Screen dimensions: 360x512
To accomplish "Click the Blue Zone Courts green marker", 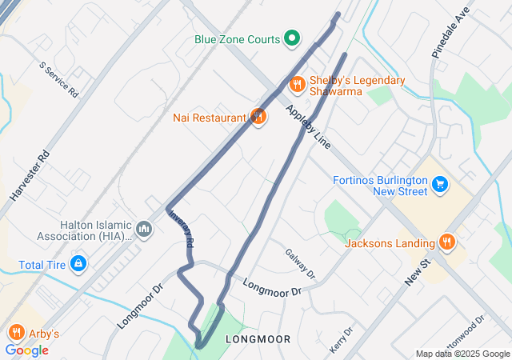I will tap(293, 38).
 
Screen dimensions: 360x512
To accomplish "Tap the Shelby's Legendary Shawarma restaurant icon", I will tap(297, 84).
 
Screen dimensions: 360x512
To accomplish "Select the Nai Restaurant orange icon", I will tap(258, 118).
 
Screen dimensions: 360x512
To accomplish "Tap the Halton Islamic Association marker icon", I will tap(144, 230).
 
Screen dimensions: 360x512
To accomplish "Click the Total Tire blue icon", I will tap(78, 263).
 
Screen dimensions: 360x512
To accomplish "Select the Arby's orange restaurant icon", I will tap(15, 333).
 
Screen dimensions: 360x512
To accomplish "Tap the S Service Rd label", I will tap(59, 79).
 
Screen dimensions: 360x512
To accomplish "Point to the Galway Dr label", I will tap(300, 264).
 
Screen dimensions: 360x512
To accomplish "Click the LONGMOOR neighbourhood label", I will tap(258, 339).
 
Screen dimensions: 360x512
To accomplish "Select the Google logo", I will tap(26, 350).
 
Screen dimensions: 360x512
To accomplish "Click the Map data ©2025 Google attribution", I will tap(462, 354).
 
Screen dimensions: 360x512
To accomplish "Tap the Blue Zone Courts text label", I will tap(237, 38).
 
